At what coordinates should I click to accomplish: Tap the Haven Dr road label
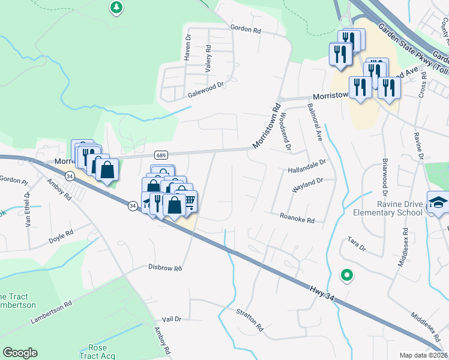click(x=187, y=49)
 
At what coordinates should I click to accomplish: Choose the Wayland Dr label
click(x=307, y=184)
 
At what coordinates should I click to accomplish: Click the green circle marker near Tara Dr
click(x=346, y=275)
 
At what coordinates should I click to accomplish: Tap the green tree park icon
click(x=116, y=8)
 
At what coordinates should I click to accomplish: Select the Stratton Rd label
click(x=250, y=321)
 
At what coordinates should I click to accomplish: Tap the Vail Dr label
click(x=172, y=319)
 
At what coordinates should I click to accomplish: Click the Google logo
click(x=20, y=353)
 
